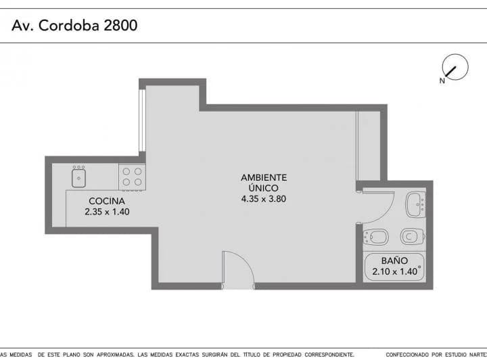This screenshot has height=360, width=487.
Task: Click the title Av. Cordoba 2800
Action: tap(74, 26)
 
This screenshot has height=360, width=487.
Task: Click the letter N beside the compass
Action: tap(442, 81)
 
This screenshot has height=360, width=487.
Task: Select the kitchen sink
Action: tap(79, 178)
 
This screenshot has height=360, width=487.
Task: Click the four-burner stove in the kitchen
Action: tap(132, 177)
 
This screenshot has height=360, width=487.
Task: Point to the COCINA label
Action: tap(107, 201)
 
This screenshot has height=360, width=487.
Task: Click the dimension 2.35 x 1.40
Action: tap(107, 212)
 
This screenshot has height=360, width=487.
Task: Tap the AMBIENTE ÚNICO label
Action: tap(264, 183)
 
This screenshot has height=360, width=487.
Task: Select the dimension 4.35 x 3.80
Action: tap(264, 200)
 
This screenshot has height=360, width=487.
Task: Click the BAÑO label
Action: tap(394, 261)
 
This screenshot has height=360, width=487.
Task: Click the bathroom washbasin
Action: tap(415, 204)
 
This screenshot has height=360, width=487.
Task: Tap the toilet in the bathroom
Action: tap(411, 237)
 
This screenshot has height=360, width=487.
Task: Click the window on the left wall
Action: tap(142, 120)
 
